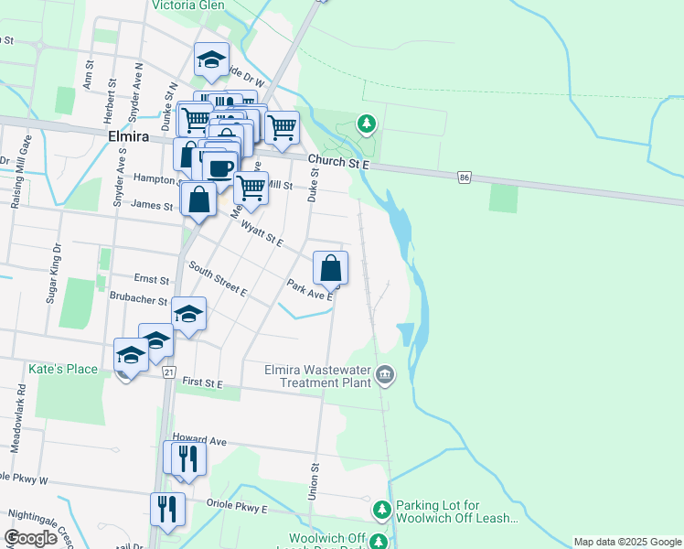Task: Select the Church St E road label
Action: (x=337, y=163)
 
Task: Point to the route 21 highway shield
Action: (x=168, y=372)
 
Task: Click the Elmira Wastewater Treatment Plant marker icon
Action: (x=385, y=374)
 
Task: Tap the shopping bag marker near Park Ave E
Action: (x=331, y=269)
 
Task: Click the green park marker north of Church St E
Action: (x=366, y=123)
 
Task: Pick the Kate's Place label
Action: (x=63, y=369)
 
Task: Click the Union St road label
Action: (x=315, y=479)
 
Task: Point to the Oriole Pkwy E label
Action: (x=237, y=508)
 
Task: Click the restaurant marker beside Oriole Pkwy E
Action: (x=166, y=509)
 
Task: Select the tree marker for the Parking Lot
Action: (x=382, y=508)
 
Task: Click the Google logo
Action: (x=30, y=538)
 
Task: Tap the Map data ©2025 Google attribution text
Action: (x=626, y=542)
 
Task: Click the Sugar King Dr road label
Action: (x=54, y=273)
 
